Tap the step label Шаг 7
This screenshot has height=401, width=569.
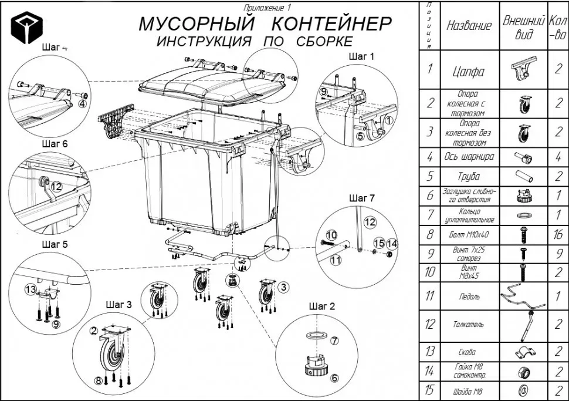click(361, 198)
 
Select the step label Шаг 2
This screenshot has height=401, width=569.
click(321, 306)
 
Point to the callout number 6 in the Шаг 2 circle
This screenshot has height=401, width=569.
click(334, 378)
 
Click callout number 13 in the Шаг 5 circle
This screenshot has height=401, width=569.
click(30, 288)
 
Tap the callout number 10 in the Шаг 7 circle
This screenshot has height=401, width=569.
click(331, 234)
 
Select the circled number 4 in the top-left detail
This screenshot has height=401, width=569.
click(83, 103)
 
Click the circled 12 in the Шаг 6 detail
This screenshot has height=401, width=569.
click(56, 186)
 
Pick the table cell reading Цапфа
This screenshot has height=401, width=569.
click(469, 72)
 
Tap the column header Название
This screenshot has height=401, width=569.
click(469, 26)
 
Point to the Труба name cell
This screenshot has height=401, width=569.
click(469, 176)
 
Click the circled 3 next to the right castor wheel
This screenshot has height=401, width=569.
click(283, 287)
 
